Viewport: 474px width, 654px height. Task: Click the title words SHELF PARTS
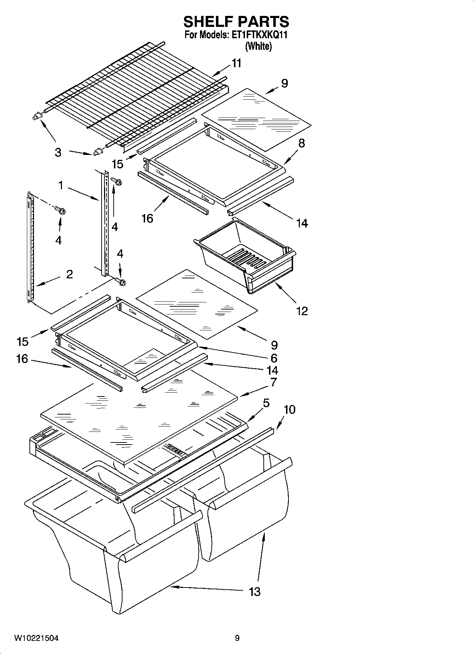[x=236, y=22]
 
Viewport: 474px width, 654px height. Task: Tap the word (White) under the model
[x=258, y=46]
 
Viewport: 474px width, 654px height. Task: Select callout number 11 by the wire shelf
[x=236, y=63]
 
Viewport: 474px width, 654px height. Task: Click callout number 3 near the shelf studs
[x=58, y=153]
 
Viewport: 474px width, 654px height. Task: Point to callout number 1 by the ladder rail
[x=61, y=185]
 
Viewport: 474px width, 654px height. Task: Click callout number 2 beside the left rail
[x=69, y=274]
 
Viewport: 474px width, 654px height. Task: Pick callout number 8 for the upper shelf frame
[x=302, y=143]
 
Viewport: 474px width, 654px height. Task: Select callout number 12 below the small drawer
[x=302, y=311]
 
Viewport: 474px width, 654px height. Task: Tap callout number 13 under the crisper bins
[x=255, y=591]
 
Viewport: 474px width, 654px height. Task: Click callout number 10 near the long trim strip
[x=289, y=410]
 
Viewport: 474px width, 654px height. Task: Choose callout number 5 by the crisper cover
[x=266, y=403]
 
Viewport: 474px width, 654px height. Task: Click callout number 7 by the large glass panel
[x=273, y=382]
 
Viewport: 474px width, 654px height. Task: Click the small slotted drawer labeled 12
[x=244, y=255]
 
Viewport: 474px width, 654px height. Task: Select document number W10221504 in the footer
[x=36, y=638]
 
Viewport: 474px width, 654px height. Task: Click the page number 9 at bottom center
[x=237, y=638]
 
